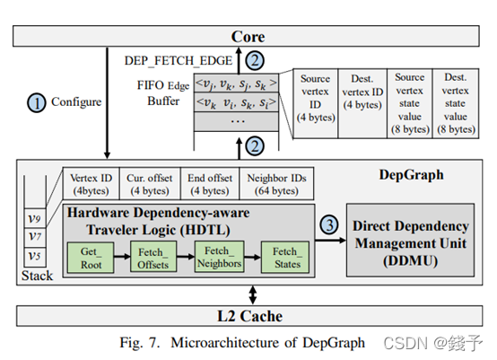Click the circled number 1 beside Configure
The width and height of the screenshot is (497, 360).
(x=37, y=102)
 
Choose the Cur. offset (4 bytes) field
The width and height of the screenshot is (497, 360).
(x=152, y=183)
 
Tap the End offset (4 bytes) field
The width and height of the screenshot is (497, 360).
(x=212, y=183)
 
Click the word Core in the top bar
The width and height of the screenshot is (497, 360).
(x=248, y=36)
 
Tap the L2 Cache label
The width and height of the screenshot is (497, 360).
(x=248, y=316)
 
